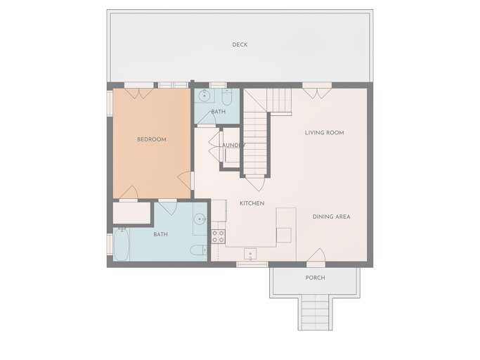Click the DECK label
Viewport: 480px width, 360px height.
(240, 45)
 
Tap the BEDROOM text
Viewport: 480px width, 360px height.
(151, 140)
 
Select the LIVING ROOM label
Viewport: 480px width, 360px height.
(324, 132)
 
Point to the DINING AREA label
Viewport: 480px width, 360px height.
(331, 217)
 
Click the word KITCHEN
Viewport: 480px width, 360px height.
(252, 203)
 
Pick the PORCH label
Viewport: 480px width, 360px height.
(315, 278)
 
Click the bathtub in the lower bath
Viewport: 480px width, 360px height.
(121, 244)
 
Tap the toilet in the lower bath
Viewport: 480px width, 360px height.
(197, 250)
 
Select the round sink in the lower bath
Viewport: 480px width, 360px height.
(200, 219)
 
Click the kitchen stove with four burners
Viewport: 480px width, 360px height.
(218, 236)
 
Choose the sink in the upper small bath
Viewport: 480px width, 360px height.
(205, 96)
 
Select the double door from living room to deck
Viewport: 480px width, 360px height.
(316, 90)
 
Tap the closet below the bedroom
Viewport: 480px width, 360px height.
(132, 213)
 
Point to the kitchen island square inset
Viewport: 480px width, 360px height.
(284, 233)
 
